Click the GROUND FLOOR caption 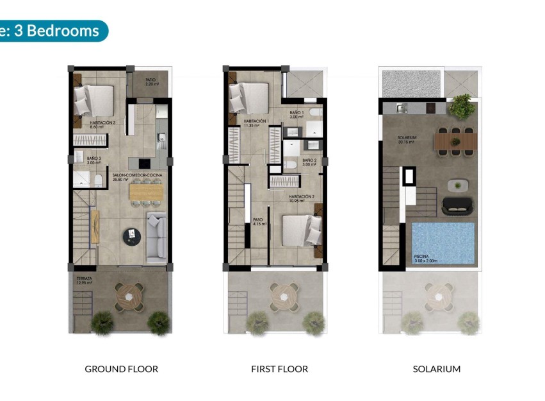pos(121,369)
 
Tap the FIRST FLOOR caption pos(279,369)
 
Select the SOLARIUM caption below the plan pos(436,369)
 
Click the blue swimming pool pos(441,243)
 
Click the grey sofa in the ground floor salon pos(156,237)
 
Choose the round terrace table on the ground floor pos(130,296)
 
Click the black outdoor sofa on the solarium pos(457,206)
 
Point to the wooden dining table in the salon pos(144,192)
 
